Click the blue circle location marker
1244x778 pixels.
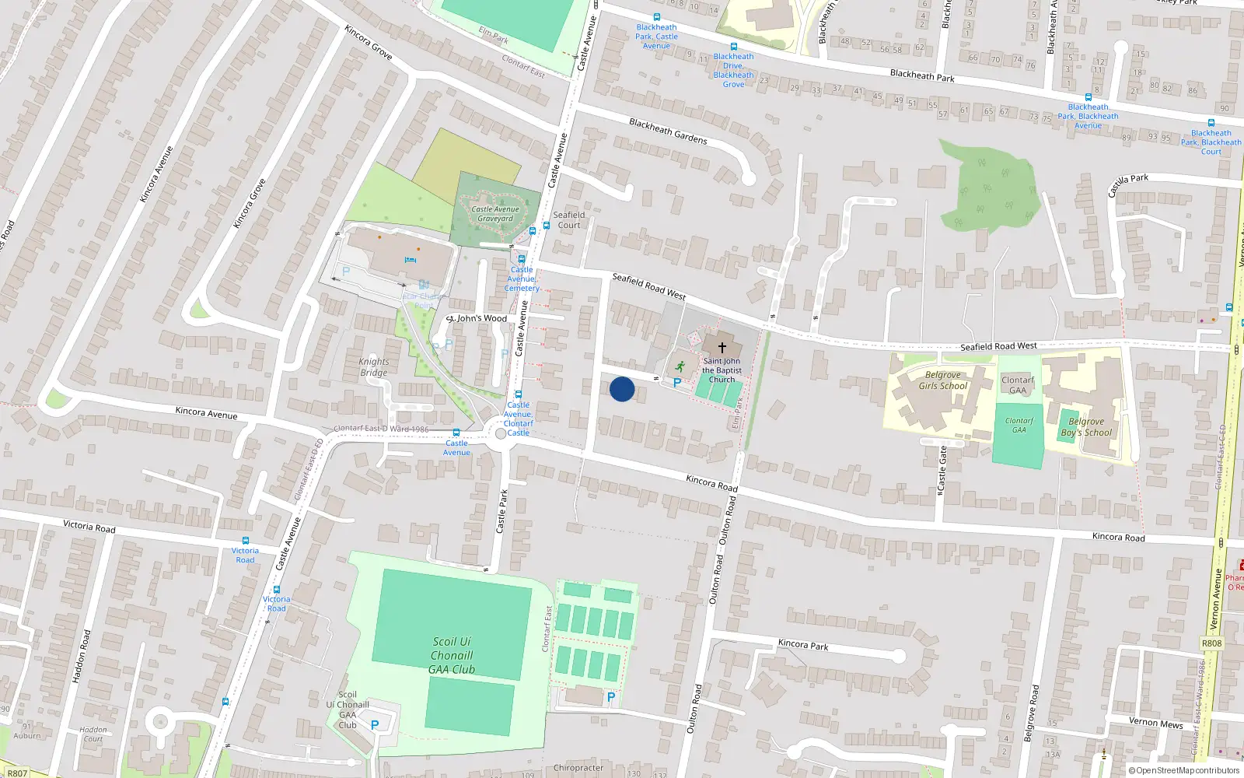tap(622, 389)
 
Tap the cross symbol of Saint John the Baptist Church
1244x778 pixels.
tap(722, 348)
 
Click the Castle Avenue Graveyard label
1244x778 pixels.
tap(495, 214)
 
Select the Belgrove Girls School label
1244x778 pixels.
tap(942, 380)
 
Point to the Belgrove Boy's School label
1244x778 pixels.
tap(1086, 427)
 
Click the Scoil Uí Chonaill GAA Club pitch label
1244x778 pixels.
tap(452, 655)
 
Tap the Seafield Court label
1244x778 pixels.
tap(569, 220)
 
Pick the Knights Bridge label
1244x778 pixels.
tap(374, 367)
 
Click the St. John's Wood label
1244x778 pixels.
tap(477, 318)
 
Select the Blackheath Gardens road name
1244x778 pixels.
tap(668, 131)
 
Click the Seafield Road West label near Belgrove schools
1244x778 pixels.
tap(998, 346)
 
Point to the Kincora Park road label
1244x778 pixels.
tap(803, 645)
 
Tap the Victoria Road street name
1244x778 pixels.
tap(89, 527)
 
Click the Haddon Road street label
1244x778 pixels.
tap(81, 657)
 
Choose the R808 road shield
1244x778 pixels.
tap(1211, 643)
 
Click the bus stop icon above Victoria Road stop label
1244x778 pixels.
tap(246, 540)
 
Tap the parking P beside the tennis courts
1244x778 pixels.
tap(610, 698)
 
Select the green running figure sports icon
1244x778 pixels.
tap(680, 366)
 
